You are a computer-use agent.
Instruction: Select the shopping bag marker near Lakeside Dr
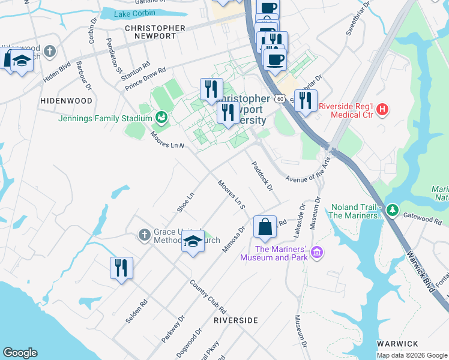click(265, 228)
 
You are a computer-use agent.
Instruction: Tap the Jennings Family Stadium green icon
click(161, 116)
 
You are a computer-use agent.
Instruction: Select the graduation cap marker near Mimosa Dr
click(192, 242)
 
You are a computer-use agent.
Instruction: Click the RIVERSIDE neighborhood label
click(235, 320)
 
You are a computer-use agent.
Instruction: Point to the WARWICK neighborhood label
click(397, 344)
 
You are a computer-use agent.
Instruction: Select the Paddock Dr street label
click(262, 176)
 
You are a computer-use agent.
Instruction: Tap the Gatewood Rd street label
click(422, 219)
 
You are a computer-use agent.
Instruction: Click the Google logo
click(20, 353)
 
